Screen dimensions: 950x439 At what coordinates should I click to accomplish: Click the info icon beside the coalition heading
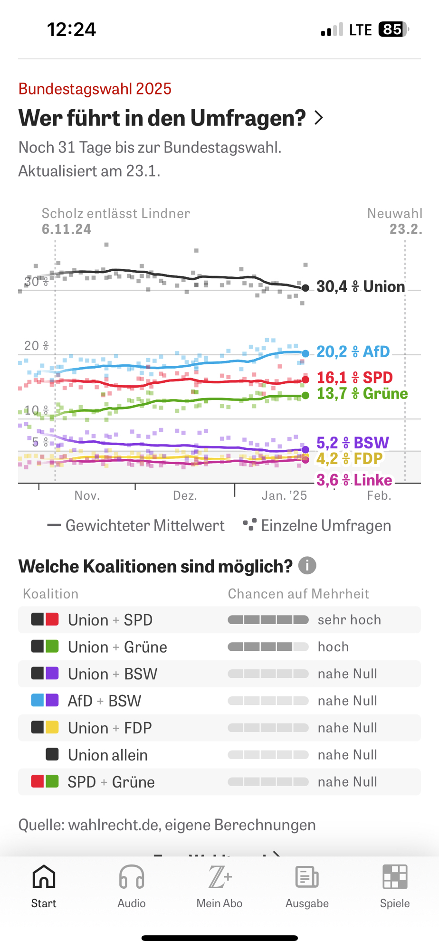pyautogui.click(x=307, y=566)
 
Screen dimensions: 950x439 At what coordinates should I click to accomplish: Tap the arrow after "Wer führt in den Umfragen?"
pyautogui.click(x=319, y=118)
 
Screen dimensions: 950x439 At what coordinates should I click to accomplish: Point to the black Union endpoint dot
pyautogui.click(x=305, y=288)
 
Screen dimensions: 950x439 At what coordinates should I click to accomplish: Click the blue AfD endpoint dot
pyautogui.click(x=305, y=353)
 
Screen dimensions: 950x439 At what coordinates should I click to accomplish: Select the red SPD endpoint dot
pyautogui.click(x=305, y=379)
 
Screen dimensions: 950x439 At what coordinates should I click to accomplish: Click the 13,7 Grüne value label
pyautogui.click(x=362, y=394)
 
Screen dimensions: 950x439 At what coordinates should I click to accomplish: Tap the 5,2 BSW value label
pyautogui.click(x=353, y=443)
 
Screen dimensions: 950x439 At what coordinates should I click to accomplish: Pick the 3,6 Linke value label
pyautogui.click(x=354, y=480)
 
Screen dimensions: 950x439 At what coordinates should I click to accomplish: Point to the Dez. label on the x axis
pyautogui.click(x=185, y=496)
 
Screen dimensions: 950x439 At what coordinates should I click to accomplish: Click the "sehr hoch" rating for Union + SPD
pyautogui.click(x=349, y=620)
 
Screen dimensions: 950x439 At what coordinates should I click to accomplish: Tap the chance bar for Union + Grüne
pyautogui.click(x=268, y=647)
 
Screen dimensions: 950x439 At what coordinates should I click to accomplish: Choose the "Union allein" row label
pyautogui.click(x=108, y=755)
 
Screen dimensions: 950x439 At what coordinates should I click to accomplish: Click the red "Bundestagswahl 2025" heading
pyautogui.click(x=95, y=89)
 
